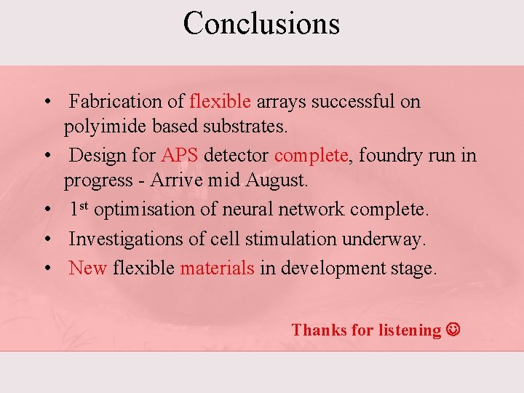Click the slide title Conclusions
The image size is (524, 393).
pyautogui.click(x=261, y=23)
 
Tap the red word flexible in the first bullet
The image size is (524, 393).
pyautogui.click(x=220, y=101)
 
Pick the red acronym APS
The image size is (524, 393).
pyautogui.click(x=180, y=155)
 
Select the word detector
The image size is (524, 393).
pyautogui.click(x=237, y=155)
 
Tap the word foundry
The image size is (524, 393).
pyautogui.click(x=386, y=155)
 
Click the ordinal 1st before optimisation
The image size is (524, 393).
pyautogui.click(x=79, y=209)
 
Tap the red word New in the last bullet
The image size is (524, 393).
pyautogui.click(x=87, y=268)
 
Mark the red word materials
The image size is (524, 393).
pyautogui.click(x=217, y=268)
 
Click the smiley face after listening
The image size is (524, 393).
pyautogui.click(x=453, y=330)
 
